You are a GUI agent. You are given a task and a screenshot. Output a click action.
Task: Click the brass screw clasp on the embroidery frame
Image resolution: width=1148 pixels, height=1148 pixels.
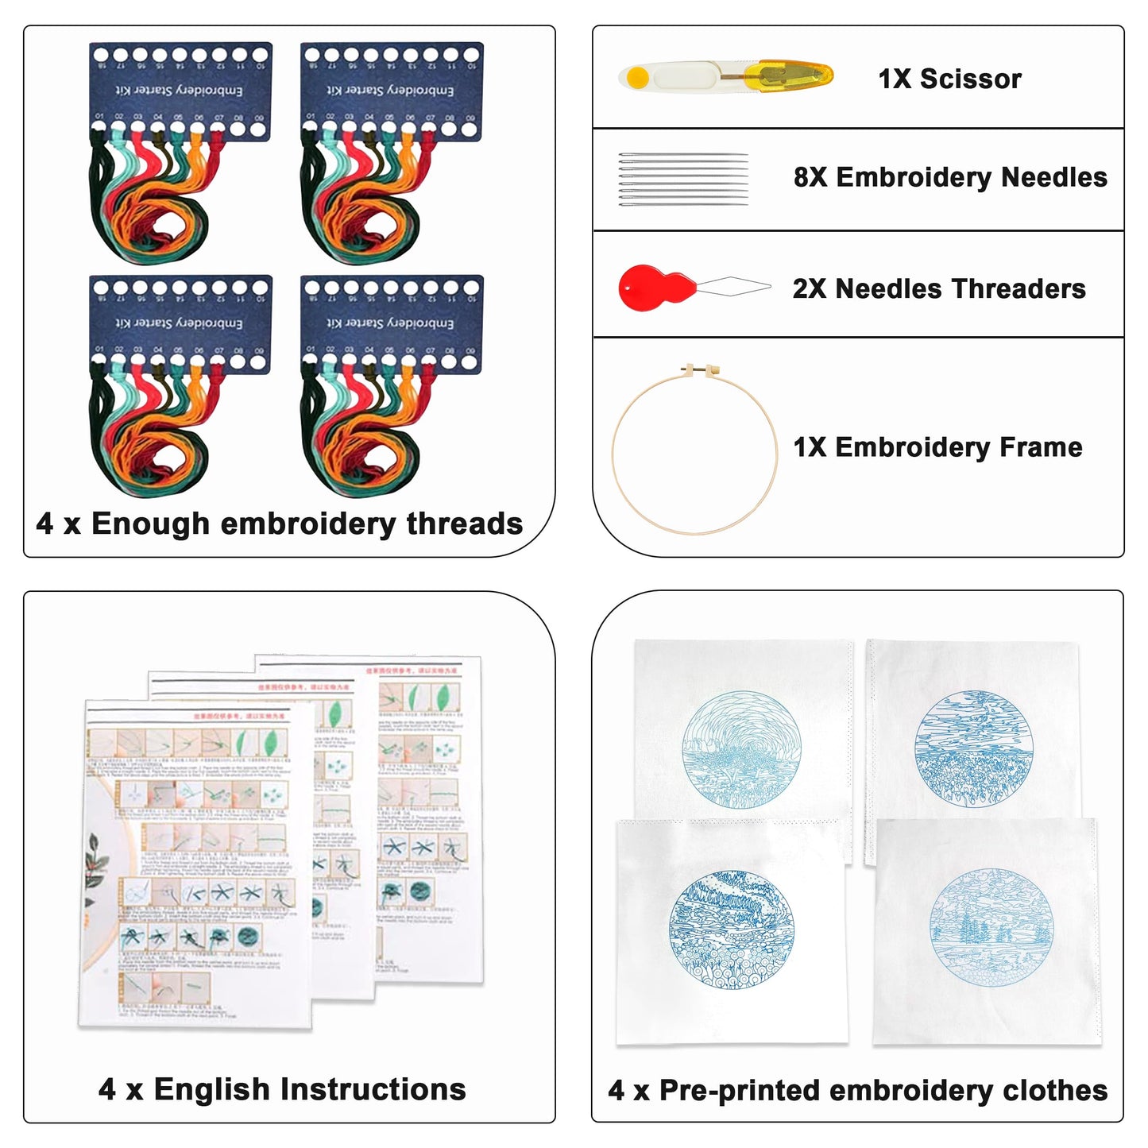[x=704, y=370]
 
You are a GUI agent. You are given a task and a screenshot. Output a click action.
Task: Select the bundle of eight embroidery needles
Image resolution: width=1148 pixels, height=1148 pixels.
[x=683, y=179]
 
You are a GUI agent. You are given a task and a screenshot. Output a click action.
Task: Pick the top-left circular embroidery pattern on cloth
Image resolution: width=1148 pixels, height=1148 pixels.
[x=741, y=750]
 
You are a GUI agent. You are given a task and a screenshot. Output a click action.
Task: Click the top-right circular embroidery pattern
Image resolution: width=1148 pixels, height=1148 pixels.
[x=973, y=748]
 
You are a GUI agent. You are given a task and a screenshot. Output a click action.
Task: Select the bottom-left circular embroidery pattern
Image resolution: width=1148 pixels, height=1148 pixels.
[x=731, y=930]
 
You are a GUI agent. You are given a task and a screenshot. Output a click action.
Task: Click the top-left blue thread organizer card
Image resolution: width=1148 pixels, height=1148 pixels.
[x=180, y=91]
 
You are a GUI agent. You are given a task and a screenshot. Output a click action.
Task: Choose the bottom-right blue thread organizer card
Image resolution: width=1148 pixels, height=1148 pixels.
[x=392, y=323]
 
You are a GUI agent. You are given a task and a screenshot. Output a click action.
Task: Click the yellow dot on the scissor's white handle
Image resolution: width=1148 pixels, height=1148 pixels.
[x=637, y=78]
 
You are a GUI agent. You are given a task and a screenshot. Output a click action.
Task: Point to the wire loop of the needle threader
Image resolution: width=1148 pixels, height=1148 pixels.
[x=735, y=287]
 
